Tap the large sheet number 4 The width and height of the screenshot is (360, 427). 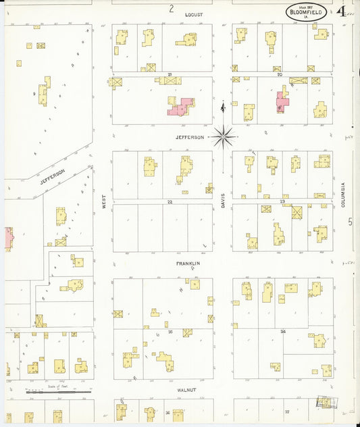pos(342,11)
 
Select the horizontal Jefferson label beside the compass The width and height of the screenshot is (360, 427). pos(190,137)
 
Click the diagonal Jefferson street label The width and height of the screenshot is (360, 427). pos(52,176)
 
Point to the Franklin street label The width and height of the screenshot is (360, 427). pos(189,263)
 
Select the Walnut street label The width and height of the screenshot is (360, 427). pos(186,389)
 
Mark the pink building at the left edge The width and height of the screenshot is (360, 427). pos(8,238)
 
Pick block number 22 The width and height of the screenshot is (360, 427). pos(170,201)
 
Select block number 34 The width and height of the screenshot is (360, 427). pos(283,332)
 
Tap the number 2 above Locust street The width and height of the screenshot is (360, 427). pos(172,9)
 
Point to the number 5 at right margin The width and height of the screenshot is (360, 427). pos(350,222)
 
